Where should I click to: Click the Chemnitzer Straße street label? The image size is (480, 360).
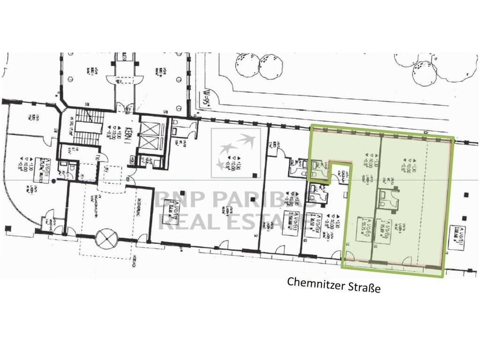point(333,284)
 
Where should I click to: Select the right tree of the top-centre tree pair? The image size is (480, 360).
point(271,66)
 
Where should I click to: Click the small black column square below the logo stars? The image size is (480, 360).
point(254,175)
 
